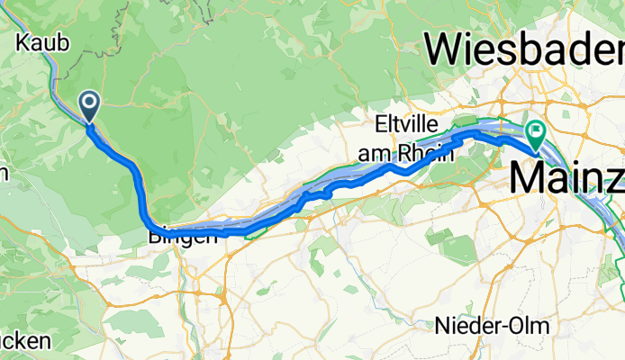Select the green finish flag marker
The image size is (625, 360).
pos(535,136)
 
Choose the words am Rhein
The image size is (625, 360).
pos(406,153)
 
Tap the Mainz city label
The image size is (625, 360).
pos(566,176)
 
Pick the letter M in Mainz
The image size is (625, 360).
pos(530,176)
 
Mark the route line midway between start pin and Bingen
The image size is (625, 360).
pos(135,171)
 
